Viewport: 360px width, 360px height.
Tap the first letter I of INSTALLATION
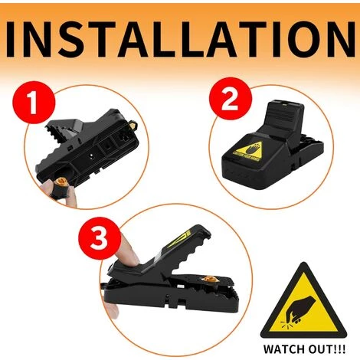[x=21, y=36]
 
